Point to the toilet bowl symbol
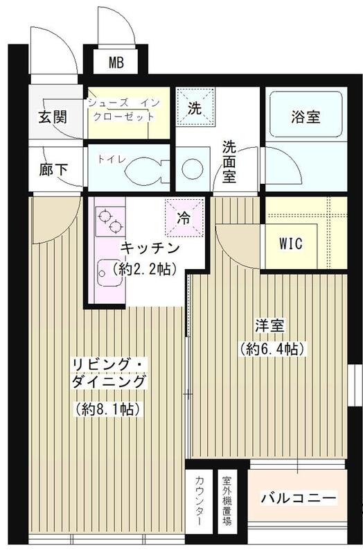pyautogui.click(x=145, y=168)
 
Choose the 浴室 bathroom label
pyautogui.click(x=305, y=117)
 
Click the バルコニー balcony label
pyautogui.click(x=299, y=499)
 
